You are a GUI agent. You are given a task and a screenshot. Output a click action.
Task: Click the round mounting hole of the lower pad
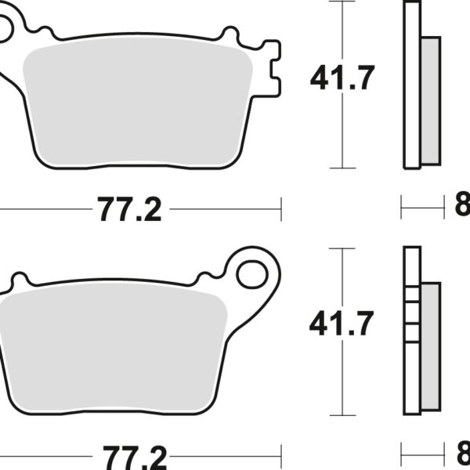(x=255, y=274)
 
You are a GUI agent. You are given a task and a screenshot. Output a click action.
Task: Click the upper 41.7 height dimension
(x=343, y=78)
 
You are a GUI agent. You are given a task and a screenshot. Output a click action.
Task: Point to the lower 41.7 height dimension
(x=342, y=323)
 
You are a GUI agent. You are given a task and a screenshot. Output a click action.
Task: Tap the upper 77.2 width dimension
(x=129, y=209)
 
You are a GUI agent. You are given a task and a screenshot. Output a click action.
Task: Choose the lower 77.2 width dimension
(x=129, y=454)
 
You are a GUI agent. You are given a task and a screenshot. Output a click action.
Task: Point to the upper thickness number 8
(x=462, y=208)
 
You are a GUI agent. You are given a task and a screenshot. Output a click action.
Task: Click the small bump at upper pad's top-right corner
(x=230, y=33)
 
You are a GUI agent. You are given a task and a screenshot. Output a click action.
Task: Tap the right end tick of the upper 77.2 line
(x=280, y=208)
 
